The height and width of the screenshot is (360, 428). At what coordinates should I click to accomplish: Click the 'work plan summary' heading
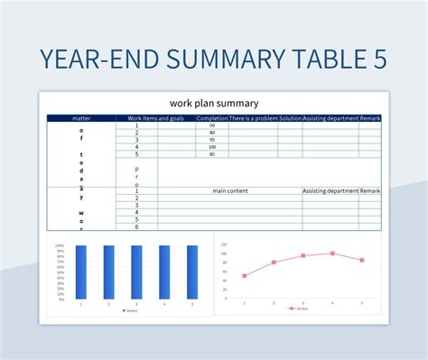[213, 103]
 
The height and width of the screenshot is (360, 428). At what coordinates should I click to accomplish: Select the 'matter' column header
[81, 118]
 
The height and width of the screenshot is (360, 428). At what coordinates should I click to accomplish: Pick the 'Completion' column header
[211, 118]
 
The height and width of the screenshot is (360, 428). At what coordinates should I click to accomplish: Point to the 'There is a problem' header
[253, 118]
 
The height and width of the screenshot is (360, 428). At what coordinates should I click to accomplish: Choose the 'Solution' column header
[290, 118]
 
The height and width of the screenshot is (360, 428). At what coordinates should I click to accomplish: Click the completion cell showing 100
[211, 147]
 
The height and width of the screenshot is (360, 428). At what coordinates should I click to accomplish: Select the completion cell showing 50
[211, 125]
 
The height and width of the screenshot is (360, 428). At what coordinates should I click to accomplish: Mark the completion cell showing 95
[211, 140]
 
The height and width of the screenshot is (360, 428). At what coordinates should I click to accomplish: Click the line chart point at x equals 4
[332, 254]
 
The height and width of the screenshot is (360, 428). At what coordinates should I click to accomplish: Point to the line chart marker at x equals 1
[244, 276]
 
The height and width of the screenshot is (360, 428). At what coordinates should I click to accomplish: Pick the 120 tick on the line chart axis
[223, 244]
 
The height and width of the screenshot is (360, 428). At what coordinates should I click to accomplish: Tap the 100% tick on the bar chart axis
[59, 245]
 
